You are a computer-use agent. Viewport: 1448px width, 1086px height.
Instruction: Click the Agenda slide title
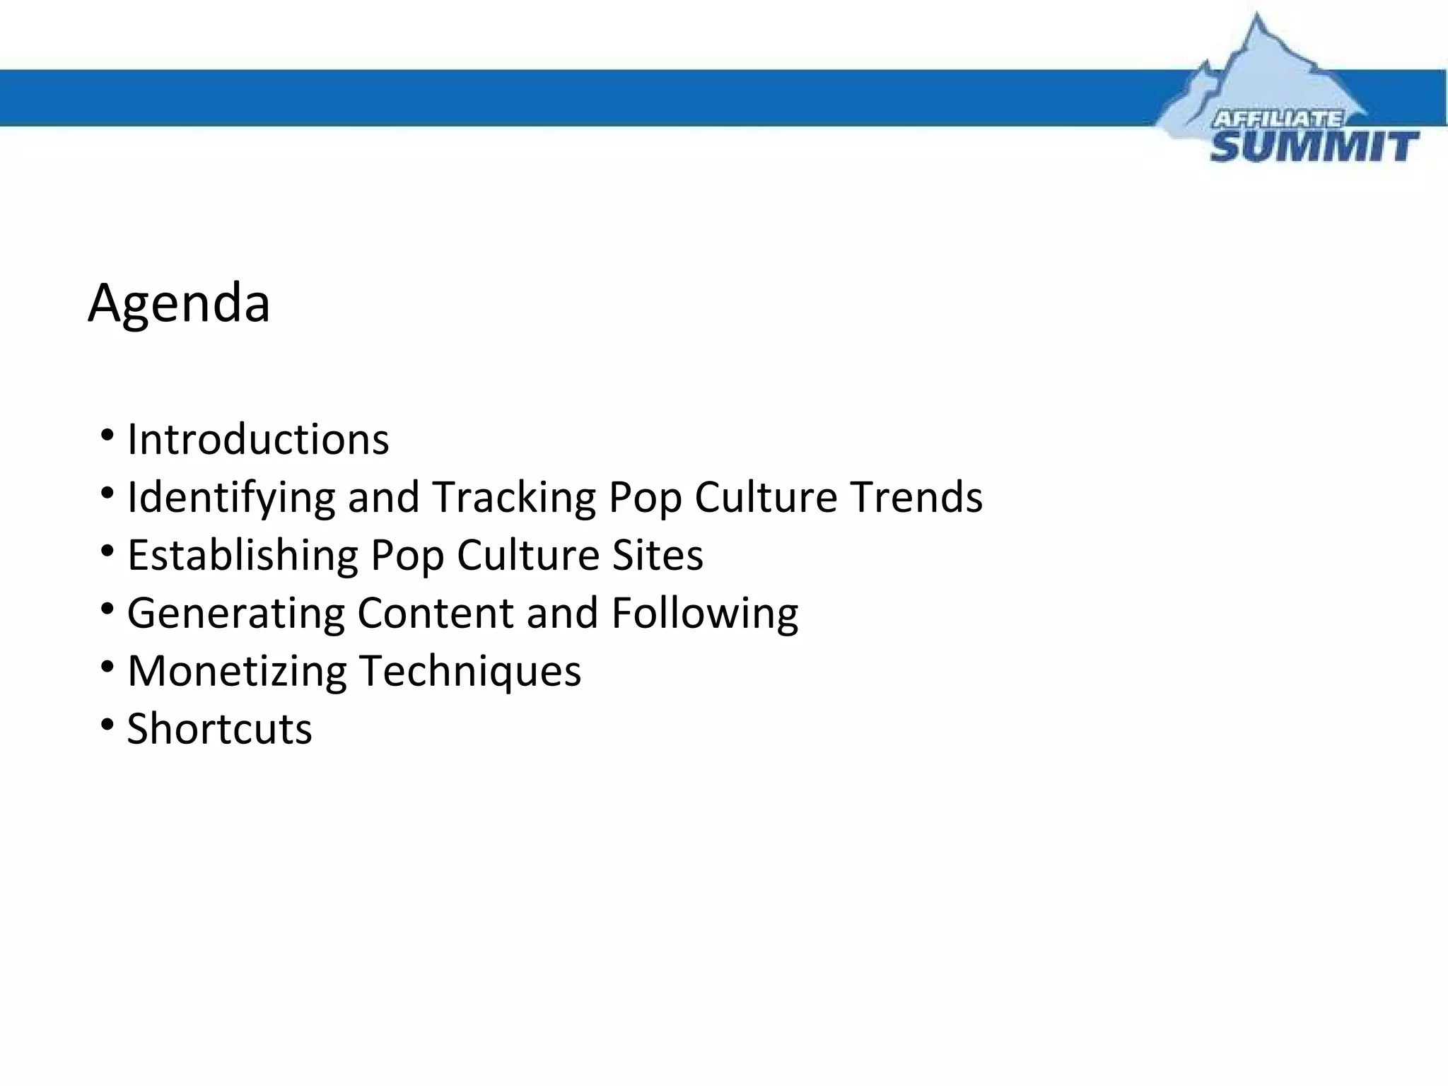[179, 303]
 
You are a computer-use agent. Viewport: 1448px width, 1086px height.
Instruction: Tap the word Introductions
[258, 440]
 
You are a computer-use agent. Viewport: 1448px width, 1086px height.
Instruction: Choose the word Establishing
[243, 555]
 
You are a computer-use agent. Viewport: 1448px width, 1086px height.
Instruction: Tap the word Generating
[235, 613]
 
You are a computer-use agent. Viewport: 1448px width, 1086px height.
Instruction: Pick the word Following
[705, 613]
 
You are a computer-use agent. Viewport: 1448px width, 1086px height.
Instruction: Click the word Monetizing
[237, 671]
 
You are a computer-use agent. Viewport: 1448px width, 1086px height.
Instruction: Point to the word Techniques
[470, 671]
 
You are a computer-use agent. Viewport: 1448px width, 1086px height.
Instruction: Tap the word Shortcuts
[219, 729]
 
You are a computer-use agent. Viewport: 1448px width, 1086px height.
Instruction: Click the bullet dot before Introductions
[107, 434]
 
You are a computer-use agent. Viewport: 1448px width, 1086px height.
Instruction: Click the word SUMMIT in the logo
[1314, 147]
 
